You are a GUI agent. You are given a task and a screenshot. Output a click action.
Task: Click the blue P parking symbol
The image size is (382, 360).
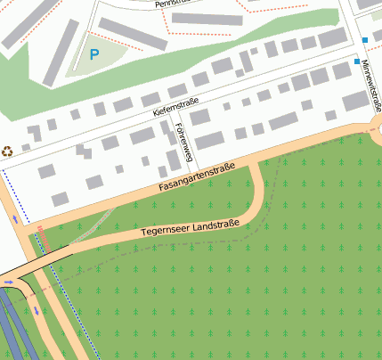(x=94, y=54)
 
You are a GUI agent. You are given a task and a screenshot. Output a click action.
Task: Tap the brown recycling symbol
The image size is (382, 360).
(x=8, y=151)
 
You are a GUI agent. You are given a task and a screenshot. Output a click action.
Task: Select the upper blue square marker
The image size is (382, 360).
(x=365, y=39)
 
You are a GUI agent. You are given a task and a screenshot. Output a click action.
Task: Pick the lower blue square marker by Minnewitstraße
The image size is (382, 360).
(x=357, y=61)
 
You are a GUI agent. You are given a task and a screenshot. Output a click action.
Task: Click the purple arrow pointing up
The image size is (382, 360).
(x=15, y=218)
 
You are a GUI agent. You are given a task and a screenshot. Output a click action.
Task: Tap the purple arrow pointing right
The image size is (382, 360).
(x=9, y=282)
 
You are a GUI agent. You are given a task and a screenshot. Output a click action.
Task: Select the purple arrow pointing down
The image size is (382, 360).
(x=37, y=311)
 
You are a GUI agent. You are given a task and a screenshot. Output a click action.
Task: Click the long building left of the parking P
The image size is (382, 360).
(x=61, y=53)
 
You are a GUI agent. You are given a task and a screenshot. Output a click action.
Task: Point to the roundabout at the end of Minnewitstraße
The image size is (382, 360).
(x=378, y=130)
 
